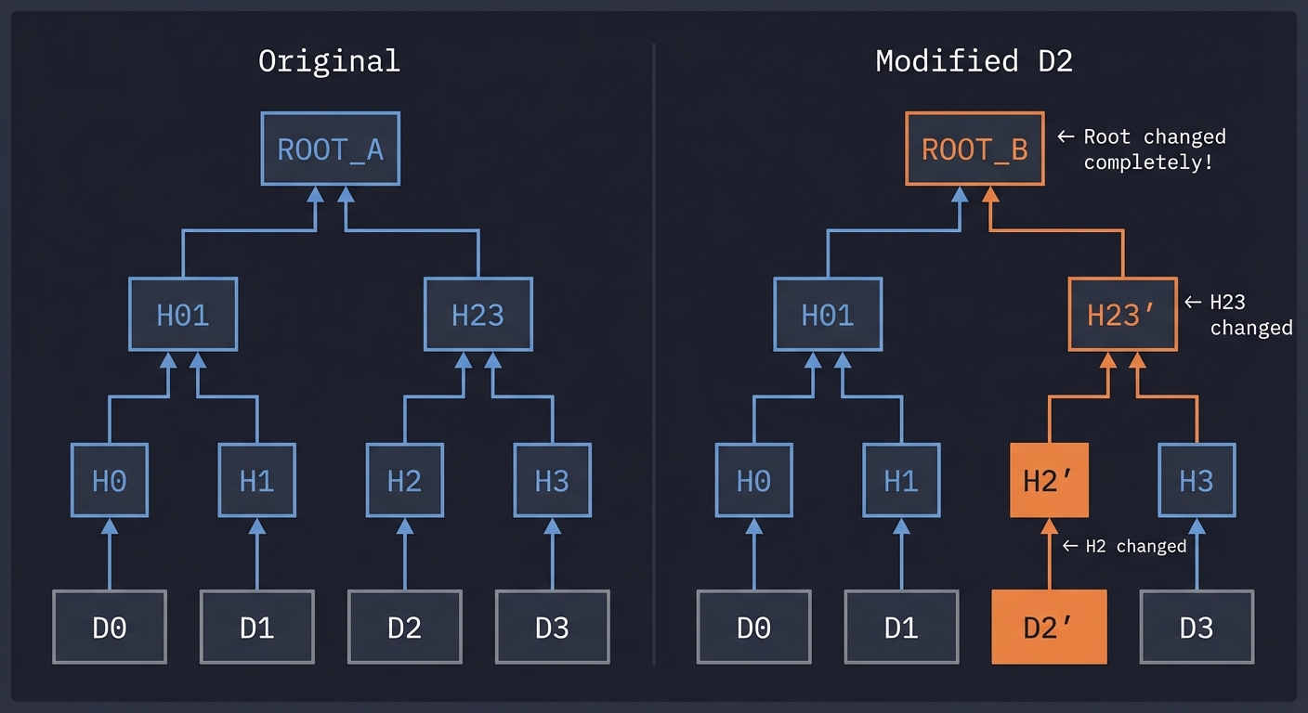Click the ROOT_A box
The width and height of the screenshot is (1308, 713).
[x=330, y=149]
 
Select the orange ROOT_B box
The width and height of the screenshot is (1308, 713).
[x=974, y=149]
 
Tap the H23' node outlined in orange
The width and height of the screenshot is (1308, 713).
[x=1121, y=314]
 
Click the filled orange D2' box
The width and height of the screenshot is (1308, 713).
[x=1049, y=628]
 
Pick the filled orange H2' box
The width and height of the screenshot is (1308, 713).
[x=1049, y=480]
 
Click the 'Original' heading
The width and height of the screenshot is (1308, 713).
[x=329, y=61]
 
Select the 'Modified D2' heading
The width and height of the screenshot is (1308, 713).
[x=974, y=61]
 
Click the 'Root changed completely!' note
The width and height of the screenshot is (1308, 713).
[x=1155, y=149]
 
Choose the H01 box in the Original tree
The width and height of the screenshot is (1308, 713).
[x=182, y=314]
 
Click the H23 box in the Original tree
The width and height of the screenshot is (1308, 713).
[x=477, y=314]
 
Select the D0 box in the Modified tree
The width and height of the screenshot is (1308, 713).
[x=753, y=628]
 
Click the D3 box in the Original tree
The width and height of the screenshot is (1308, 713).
[x=552, y=628]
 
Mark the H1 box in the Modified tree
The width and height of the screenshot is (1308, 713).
[x=901, y=480]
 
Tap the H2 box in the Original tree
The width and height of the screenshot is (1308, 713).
[x=404, y=480]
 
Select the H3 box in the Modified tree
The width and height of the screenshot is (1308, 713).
[x=1197, y=480]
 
